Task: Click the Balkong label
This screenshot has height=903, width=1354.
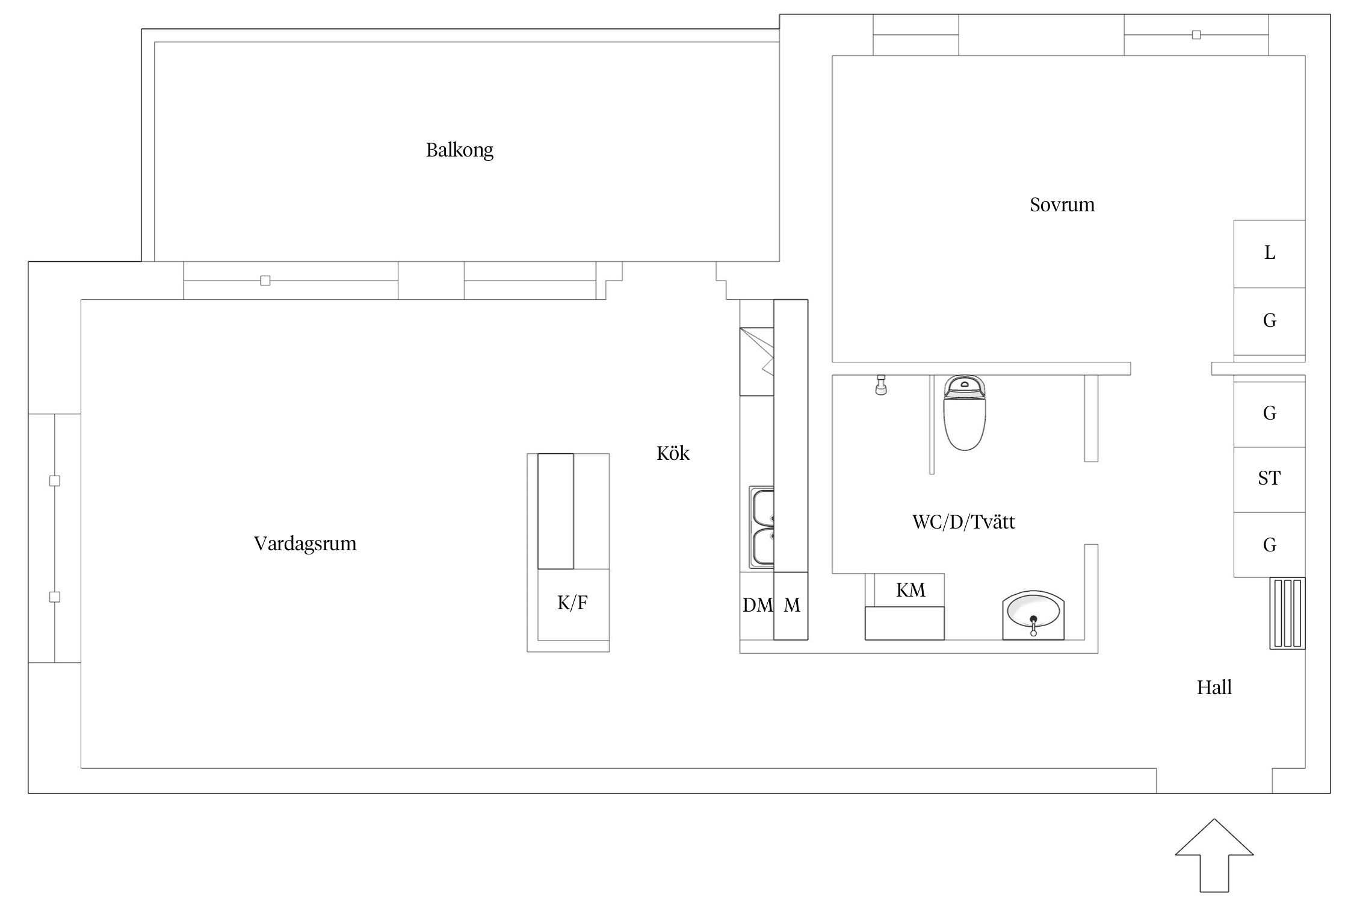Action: pos(460,150)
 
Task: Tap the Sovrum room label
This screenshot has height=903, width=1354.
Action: pos(1062,205)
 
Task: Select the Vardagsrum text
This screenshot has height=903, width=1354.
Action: pos(305,544)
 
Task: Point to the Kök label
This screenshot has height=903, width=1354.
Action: pos(673,453)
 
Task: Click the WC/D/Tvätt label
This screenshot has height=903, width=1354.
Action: pos(963,521)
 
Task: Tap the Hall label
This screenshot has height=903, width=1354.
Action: pos(1214,687)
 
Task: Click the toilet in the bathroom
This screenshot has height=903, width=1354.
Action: pos(964,412)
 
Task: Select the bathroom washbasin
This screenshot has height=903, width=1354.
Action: pos(1033,615)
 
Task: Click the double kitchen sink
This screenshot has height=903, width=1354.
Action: pos(761,527)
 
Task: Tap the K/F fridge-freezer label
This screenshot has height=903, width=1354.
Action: pos(572,603)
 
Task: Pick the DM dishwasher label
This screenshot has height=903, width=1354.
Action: pos(758,605)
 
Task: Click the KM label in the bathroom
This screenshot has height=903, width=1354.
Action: pos(910,590)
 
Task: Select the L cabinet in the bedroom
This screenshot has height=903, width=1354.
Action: pos(1269,253)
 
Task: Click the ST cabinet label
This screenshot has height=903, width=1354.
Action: pos(1269,478)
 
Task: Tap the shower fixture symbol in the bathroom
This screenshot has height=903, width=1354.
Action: pos(881,385)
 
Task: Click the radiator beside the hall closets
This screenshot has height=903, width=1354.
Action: pos(1287,613)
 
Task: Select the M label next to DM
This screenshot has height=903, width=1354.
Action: pos(792,605)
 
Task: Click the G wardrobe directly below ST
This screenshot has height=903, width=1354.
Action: pos(1269,545)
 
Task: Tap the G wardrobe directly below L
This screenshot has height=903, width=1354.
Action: pos(1269,321)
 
